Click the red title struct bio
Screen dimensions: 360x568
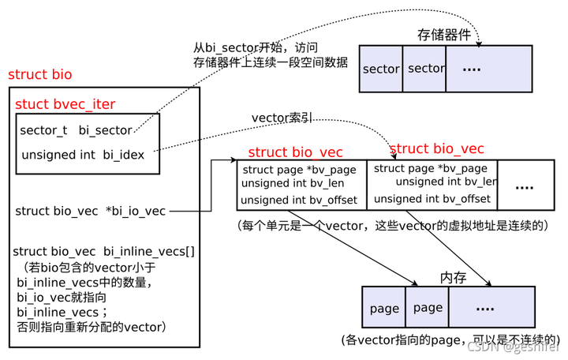point(39,75)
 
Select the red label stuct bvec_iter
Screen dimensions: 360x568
point(65,104)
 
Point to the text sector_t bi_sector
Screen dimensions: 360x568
point(76,130)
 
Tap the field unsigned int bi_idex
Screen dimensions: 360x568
point(82,155)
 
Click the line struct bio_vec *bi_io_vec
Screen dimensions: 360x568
point(91,211)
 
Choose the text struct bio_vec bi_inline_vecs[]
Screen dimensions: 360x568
point(104,251)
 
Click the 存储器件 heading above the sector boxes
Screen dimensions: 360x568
point(444,35)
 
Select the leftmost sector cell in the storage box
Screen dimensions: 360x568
point(381,69)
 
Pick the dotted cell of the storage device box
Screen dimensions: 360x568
point(472,69)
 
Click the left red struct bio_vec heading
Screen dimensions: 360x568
point(295,152)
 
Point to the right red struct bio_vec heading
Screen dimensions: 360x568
point(437,148)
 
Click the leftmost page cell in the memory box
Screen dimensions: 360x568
point(384,309)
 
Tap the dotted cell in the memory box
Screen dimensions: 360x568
point(485,309)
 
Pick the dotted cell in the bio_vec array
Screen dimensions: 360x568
point(524,186)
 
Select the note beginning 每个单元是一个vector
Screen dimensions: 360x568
point(392,225)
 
